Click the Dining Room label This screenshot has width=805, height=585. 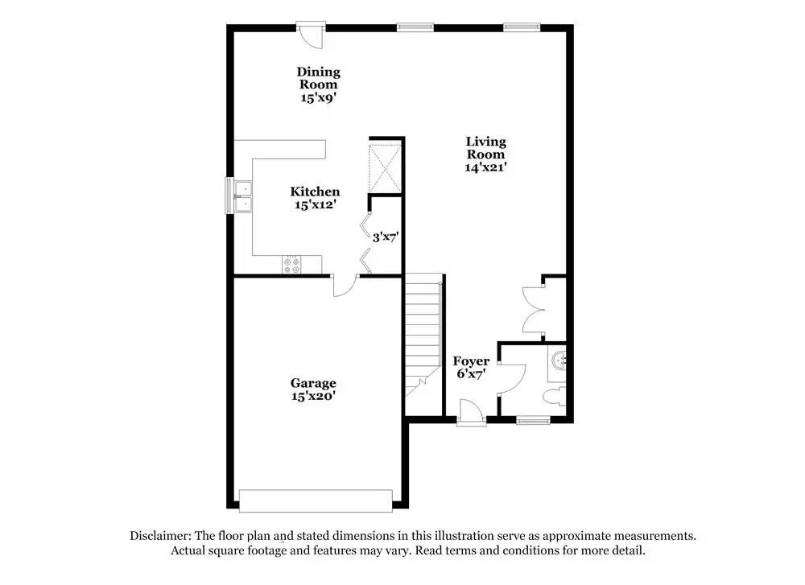point(319,78)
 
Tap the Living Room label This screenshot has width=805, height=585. point(485,148)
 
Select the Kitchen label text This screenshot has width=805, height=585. point(315,192)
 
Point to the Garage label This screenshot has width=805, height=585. point(313,383)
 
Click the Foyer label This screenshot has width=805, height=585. point(471,361)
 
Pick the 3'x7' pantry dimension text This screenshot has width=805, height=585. point(385,237)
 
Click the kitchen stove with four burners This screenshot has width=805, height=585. point(292,265)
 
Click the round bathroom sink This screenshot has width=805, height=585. point(559,360)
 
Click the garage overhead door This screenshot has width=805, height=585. point(316,501)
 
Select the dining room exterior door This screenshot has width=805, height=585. point(309,33)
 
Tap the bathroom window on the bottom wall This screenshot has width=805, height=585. point(532,419)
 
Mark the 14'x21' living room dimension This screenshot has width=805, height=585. point(485,167)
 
